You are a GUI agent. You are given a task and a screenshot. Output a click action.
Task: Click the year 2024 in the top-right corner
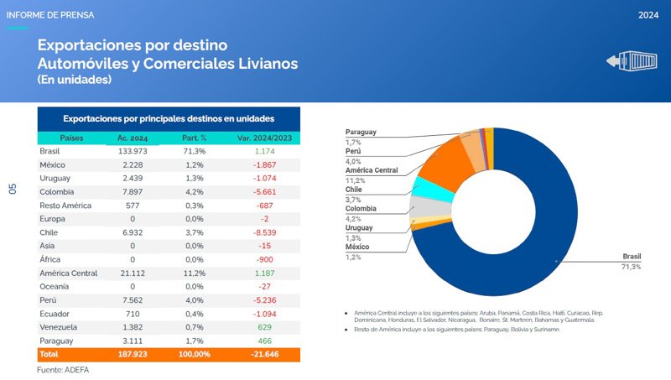click(x=648, y=15)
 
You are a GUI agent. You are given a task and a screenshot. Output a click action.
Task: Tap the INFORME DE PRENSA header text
click(x=50, y=15)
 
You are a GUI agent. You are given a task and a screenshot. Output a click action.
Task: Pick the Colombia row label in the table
click(x=57, y=191)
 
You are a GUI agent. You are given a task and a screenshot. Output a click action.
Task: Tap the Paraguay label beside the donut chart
click(x=361, y=133)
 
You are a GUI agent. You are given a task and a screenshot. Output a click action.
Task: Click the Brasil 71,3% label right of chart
click(x=631, y=261)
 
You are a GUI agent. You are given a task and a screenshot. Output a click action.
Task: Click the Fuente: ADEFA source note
click(x=63, y=369)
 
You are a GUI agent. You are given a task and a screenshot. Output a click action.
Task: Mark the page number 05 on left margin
click(x=13, y=189)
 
